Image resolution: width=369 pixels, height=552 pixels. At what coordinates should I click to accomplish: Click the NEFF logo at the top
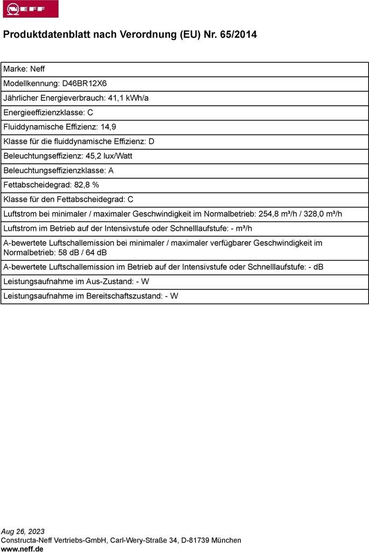[30, 9]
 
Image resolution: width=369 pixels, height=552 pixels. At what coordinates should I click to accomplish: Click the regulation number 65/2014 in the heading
[238, 34]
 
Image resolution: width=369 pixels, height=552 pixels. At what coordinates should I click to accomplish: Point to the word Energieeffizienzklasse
[44, 113]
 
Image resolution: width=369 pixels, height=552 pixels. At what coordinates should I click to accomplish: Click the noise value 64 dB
[96, 252]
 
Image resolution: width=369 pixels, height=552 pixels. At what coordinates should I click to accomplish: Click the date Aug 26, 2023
[23, 531]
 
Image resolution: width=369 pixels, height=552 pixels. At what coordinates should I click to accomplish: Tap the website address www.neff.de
[22, 549]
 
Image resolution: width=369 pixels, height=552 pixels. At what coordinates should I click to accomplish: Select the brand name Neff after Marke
[37, 69]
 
